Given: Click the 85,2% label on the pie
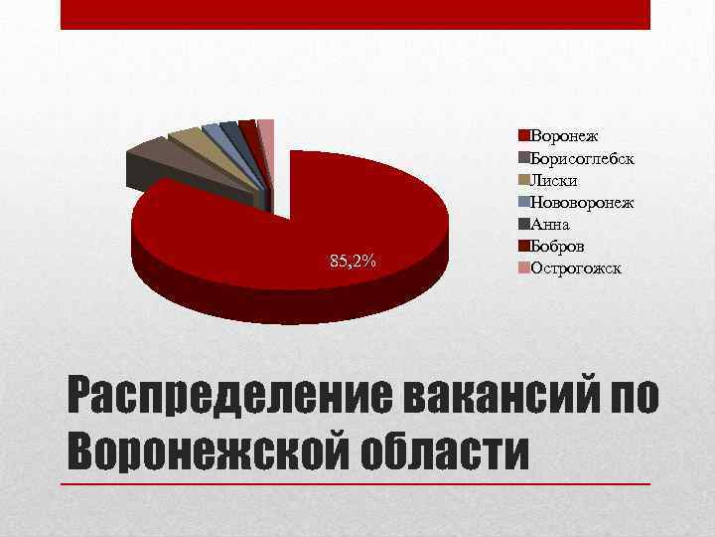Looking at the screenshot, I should pyautogui.click(x=353, y=262).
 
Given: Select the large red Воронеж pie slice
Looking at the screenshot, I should pyautogui.click(x=298, y=229).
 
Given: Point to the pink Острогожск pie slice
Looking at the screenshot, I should pyautogui.click(x=266, y=126).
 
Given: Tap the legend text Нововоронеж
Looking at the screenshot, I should pyautogui.click(x=583, y=202).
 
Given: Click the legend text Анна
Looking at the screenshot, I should pyautogui.click(x=552, y=224).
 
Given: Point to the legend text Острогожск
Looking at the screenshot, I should pyautogui.click(x=577, y=268).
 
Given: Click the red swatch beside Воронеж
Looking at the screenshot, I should pyautogui.click(x=524, y=134).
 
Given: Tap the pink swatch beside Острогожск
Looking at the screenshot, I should pyautogui.click(x=524, y=268).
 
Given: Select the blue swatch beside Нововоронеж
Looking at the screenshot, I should pyautogui.click(x=524, y=202).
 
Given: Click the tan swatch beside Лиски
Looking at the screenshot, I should pyautogui.click(x=524, y=180).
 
